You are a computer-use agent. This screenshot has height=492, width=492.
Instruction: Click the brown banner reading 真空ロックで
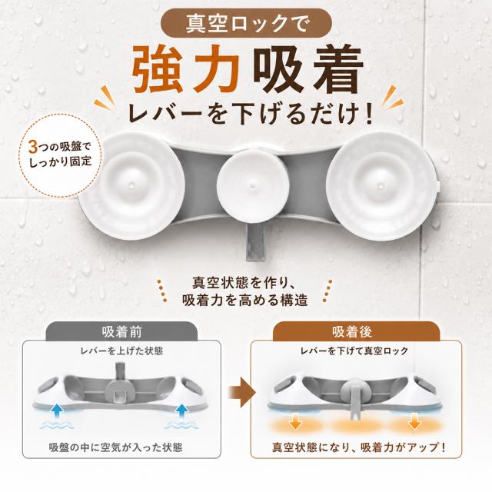coord(246,23)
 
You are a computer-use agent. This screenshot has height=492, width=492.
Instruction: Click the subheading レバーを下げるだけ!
coord(251,114)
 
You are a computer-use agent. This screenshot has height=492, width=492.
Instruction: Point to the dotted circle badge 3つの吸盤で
coord(60,155)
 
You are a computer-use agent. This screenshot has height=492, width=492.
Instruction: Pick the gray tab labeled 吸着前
coord(121,331)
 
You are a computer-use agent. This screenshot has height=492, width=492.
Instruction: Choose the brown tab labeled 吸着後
coord(352,331)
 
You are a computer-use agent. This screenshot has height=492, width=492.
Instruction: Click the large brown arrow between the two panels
coord(241,392)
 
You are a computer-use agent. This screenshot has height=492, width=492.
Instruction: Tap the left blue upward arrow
coord(56,412)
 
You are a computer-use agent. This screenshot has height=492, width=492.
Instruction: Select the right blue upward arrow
coord(181,412)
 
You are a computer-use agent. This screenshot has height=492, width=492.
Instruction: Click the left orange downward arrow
coord(295,421)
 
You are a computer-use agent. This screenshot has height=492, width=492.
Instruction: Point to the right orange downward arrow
coord(414,421)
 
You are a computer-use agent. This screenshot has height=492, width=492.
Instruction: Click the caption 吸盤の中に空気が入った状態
coord(115,447)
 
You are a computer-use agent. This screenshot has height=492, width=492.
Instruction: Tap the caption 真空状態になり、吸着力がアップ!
coord(359,447)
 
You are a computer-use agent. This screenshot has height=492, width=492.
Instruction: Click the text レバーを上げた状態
coord(121,351)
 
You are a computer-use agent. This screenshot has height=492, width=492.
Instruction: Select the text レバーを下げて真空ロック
coord(354,351)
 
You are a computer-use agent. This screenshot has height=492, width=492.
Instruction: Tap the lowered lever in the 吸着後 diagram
coord(354,405)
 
